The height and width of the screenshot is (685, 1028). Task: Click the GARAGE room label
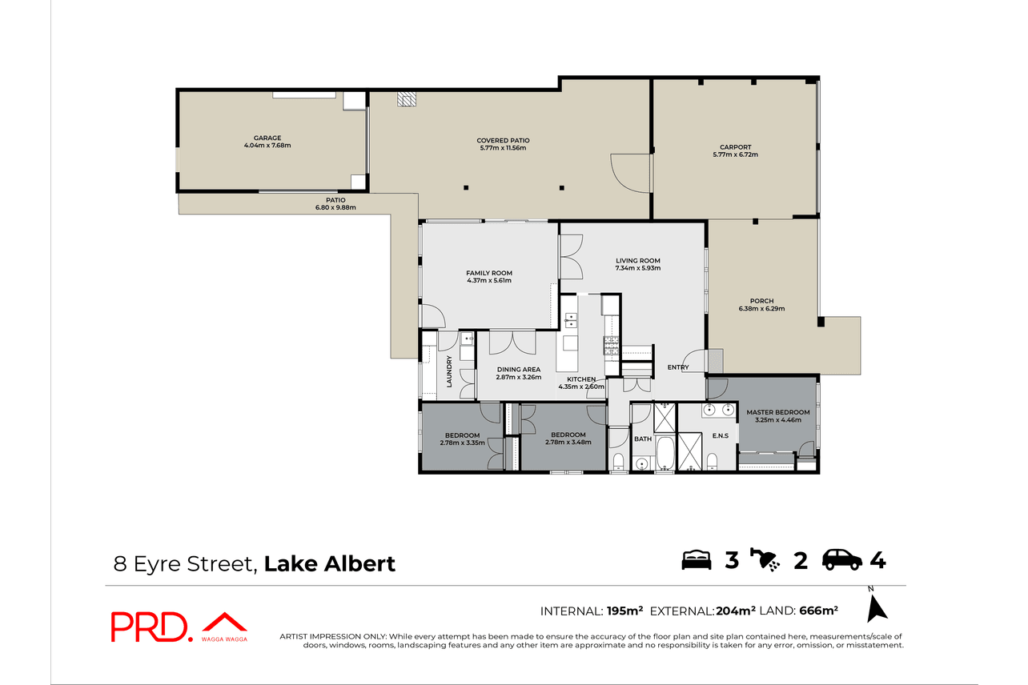(267, 138)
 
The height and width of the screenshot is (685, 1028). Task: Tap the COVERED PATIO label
(503, 140)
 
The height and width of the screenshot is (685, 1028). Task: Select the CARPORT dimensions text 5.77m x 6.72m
(735, 154)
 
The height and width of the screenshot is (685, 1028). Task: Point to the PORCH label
(762, 301)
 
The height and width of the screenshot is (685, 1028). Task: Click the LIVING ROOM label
(638, 261)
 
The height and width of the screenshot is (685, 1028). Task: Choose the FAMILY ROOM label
(489, 273)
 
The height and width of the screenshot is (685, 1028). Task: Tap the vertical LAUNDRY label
(449, 371)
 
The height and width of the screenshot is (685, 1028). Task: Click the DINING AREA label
(519, 370)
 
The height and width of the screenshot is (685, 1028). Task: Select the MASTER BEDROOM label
(778, 412)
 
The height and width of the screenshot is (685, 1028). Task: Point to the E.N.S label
(721, 435)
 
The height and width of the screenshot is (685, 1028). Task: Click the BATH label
(643, 439)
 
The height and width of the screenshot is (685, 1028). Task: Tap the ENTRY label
(678, 367)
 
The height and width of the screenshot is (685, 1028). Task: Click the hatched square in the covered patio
(407, 98)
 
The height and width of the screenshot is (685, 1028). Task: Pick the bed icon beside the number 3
(697, 559)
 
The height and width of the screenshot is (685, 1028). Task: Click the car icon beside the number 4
(841, 559)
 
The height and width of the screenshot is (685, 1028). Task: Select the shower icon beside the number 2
(765, 559)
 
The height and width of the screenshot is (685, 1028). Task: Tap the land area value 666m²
(819, 611)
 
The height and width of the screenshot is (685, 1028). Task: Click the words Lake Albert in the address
(330, 563)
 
